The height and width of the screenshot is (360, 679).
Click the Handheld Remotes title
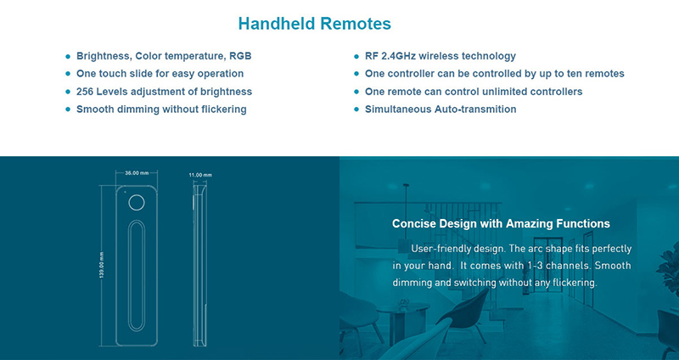pos(314,24)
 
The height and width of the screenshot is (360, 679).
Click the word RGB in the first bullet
pos(240,56)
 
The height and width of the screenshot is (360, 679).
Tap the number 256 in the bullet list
pos(85,92)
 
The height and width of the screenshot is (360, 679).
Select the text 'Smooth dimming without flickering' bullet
pos(161,110)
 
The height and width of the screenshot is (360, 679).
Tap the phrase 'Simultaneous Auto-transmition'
pos(441,110)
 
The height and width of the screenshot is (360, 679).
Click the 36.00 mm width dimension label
pos(137,173)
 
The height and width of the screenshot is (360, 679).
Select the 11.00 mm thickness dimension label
pos(200,175)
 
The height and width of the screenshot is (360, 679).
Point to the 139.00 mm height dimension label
pos(102,265)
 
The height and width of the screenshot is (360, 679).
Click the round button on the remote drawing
pos(137,203)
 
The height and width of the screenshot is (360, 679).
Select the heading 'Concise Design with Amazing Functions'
pos(501,223)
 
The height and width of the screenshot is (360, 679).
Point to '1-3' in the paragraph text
pos(534,266)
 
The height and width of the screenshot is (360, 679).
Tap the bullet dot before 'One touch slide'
pos(68,74)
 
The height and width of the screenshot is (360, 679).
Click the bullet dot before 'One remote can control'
pos(356,92)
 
